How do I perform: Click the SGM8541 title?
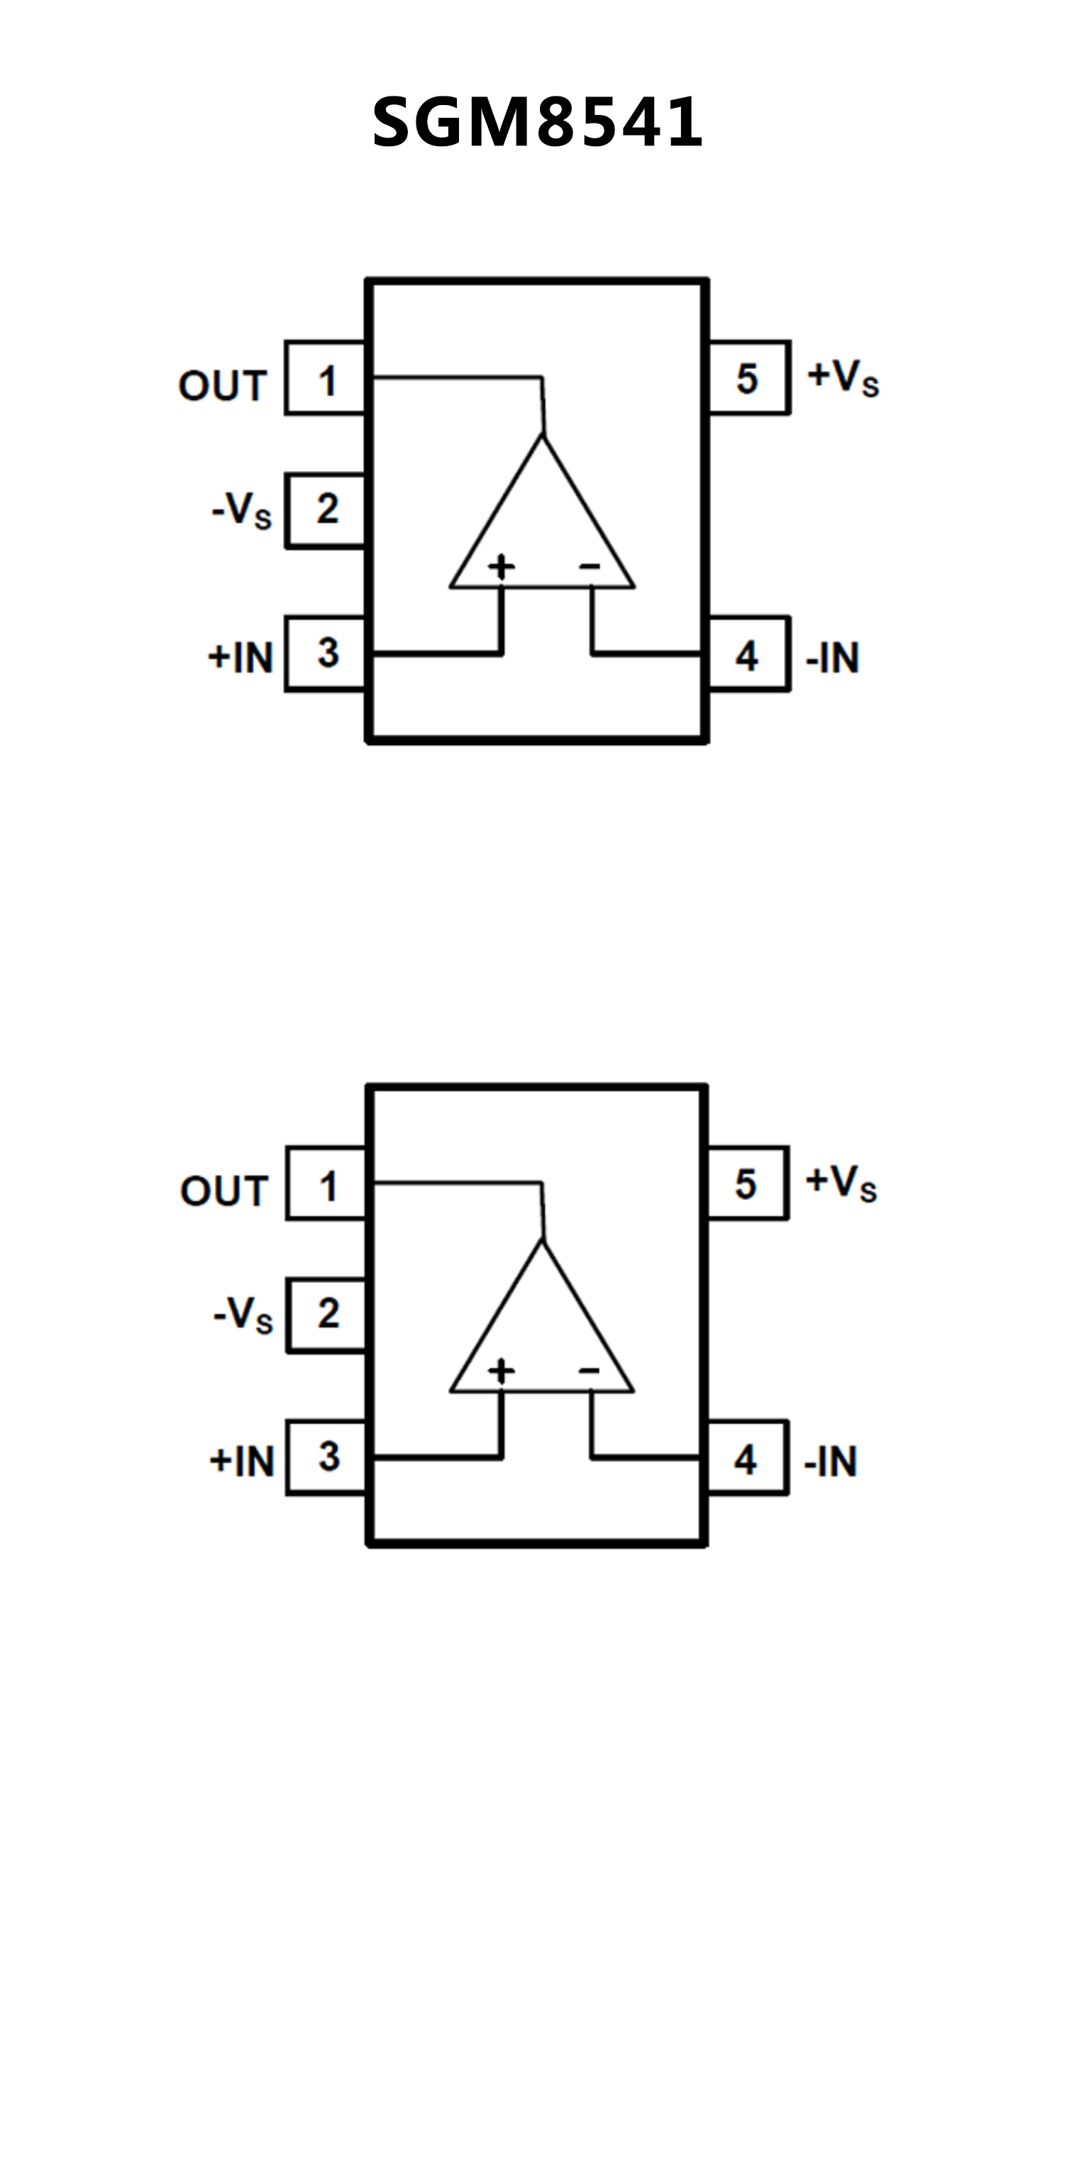(538, 123)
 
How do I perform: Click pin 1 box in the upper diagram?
(326, 378)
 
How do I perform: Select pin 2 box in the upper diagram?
(326, 510)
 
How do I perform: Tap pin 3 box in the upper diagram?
(326, 653)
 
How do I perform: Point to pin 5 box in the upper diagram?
(748, 378)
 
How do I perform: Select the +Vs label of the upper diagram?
(843, 377)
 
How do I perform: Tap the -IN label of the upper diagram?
(833, 657)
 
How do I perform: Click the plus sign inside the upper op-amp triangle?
(502, 566)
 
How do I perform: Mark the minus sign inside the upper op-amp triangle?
(590, 566)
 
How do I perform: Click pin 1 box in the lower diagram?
(327, 1184)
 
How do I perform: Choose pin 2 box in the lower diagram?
(327, 1315)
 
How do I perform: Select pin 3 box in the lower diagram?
(327, 1457)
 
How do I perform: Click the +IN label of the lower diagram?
(243, 1461)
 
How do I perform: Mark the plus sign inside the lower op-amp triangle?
(502, 1369)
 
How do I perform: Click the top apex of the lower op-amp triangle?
(543, 1240)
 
